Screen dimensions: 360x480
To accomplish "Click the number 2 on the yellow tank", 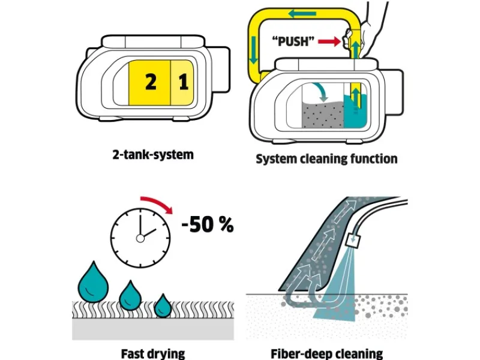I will [x=151, y=82].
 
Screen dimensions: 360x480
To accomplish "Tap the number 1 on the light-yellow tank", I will [x=184, y=82].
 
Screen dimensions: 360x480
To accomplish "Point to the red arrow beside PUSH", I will [x=328, y=42].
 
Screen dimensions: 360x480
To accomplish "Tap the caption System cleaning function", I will [x=326, y=159].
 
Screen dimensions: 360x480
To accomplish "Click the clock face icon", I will [x=140, y=237].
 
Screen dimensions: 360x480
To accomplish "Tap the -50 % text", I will [x=207, y=225].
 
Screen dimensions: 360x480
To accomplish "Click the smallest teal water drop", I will [x=163, y=306].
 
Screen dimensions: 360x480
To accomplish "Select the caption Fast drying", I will [x=153, y=353].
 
